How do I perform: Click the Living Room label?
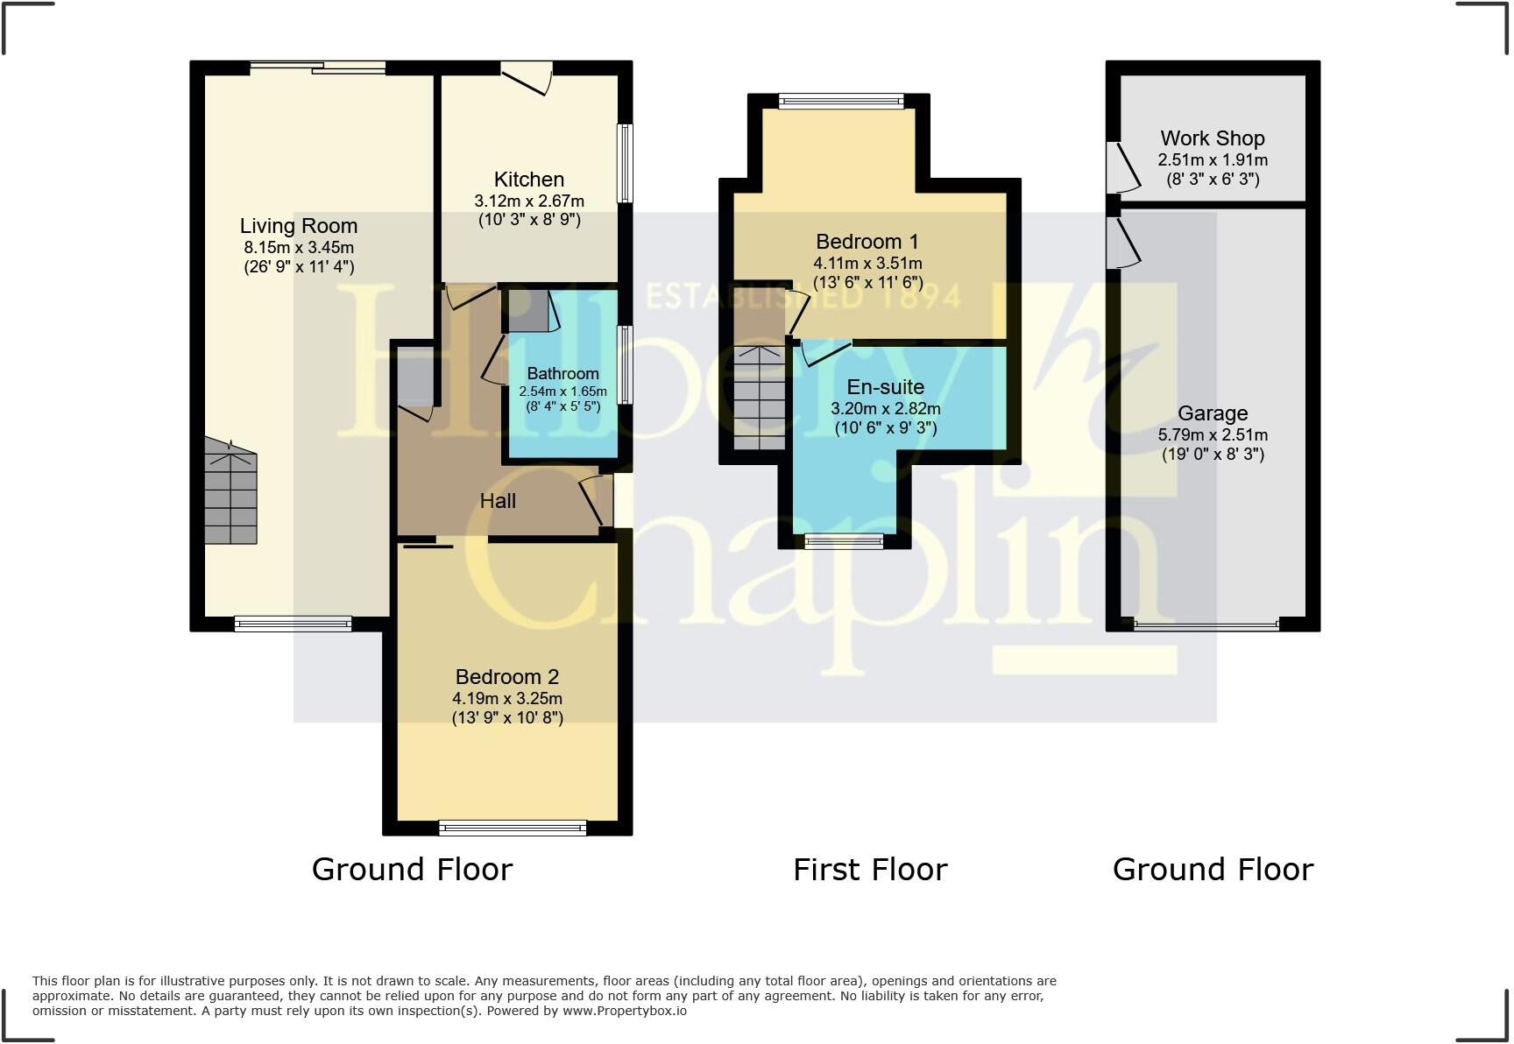(x=299, y=226)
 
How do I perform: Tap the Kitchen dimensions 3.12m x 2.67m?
(x=529, y=201)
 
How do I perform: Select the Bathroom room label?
(x=562, y=374)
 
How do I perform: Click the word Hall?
(x=498, y=501)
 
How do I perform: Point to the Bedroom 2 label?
(x=506, y=677)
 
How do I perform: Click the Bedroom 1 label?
(x=867, y=242)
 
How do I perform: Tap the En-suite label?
(x=885, y=387)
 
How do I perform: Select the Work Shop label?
(x=1212, y=138)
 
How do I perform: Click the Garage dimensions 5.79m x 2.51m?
(x=1213, y=435)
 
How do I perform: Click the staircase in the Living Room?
(x=231, y=495)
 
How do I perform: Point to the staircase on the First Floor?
(x=760, y=399)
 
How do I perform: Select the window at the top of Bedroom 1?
(x=841, y=102)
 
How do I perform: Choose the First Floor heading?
(x=869, y=870)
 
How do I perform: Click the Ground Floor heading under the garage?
(x=1213, y=870)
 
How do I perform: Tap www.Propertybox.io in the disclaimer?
(x=624, y=1011)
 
